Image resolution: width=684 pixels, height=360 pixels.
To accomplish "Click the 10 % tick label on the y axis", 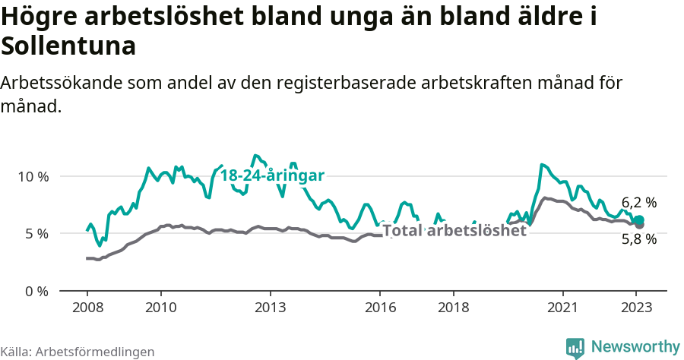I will click(33, 176).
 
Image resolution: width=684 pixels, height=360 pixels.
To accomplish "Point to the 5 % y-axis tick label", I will click(36, 234).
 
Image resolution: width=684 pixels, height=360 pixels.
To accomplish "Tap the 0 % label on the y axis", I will click(36, 291).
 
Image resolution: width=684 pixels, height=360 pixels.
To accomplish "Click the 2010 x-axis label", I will click(160, 308).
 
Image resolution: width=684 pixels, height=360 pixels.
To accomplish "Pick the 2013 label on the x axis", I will click(270, 308).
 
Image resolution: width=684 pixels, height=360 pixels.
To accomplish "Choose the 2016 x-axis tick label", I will click(380, 308).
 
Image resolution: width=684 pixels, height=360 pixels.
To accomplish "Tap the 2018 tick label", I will click(454, 308).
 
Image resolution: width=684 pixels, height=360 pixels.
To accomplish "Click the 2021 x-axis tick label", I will click(563, 308).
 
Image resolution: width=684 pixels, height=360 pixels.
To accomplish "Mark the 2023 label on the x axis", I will click(637, 308).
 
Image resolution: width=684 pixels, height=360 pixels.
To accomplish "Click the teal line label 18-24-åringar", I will click(272, 175).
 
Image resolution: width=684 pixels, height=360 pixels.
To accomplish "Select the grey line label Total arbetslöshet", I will click(454, 231).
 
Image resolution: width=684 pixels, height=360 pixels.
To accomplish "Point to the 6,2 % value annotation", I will click(638, 203).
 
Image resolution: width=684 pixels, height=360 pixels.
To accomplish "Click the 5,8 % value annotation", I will click(638, 239).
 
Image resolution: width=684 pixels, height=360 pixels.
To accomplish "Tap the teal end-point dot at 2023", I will click(639, 220).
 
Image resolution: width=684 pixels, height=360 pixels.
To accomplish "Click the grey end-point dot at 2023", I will click(639, 226).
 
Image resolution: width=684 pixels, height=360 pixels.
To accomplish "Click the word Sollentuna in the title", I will click(68, 46).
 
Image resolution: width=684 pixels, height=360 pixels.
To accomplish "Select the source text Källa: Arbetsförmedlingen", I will click(78, 352).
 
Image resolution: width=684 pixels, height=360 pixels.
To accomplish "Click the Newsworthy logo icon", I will click(575, 347).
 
